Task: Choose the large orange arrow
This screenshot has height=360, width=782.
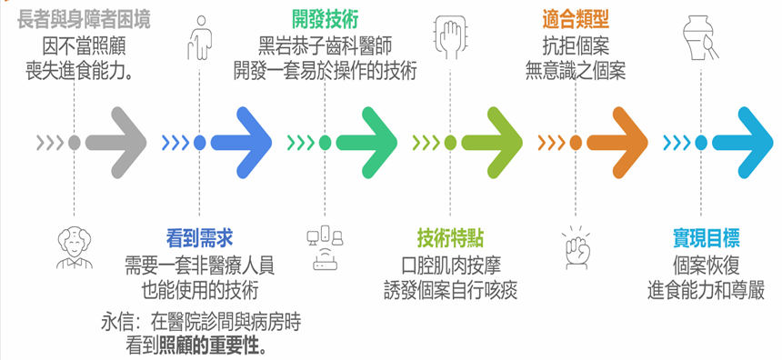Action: (x=623, y=143)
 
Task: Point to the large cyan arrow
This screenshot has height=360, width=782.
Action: (x=747, y=143)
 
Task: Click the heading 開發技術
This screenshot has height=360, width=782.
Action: (x=325, y=19)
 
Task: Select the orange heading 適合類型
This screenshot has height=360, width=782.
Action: (x=576, y=19)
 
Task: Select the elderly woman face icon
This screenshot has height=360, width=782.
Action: (x=72, y=245)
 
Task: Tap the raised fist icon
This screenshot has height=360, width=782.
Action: (x=575, y=248)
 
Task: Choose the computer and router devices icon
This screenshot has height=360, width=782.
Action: (x=326, y=248)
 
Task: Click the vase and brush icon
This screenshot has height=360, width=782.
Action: (x=700, y=39)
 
